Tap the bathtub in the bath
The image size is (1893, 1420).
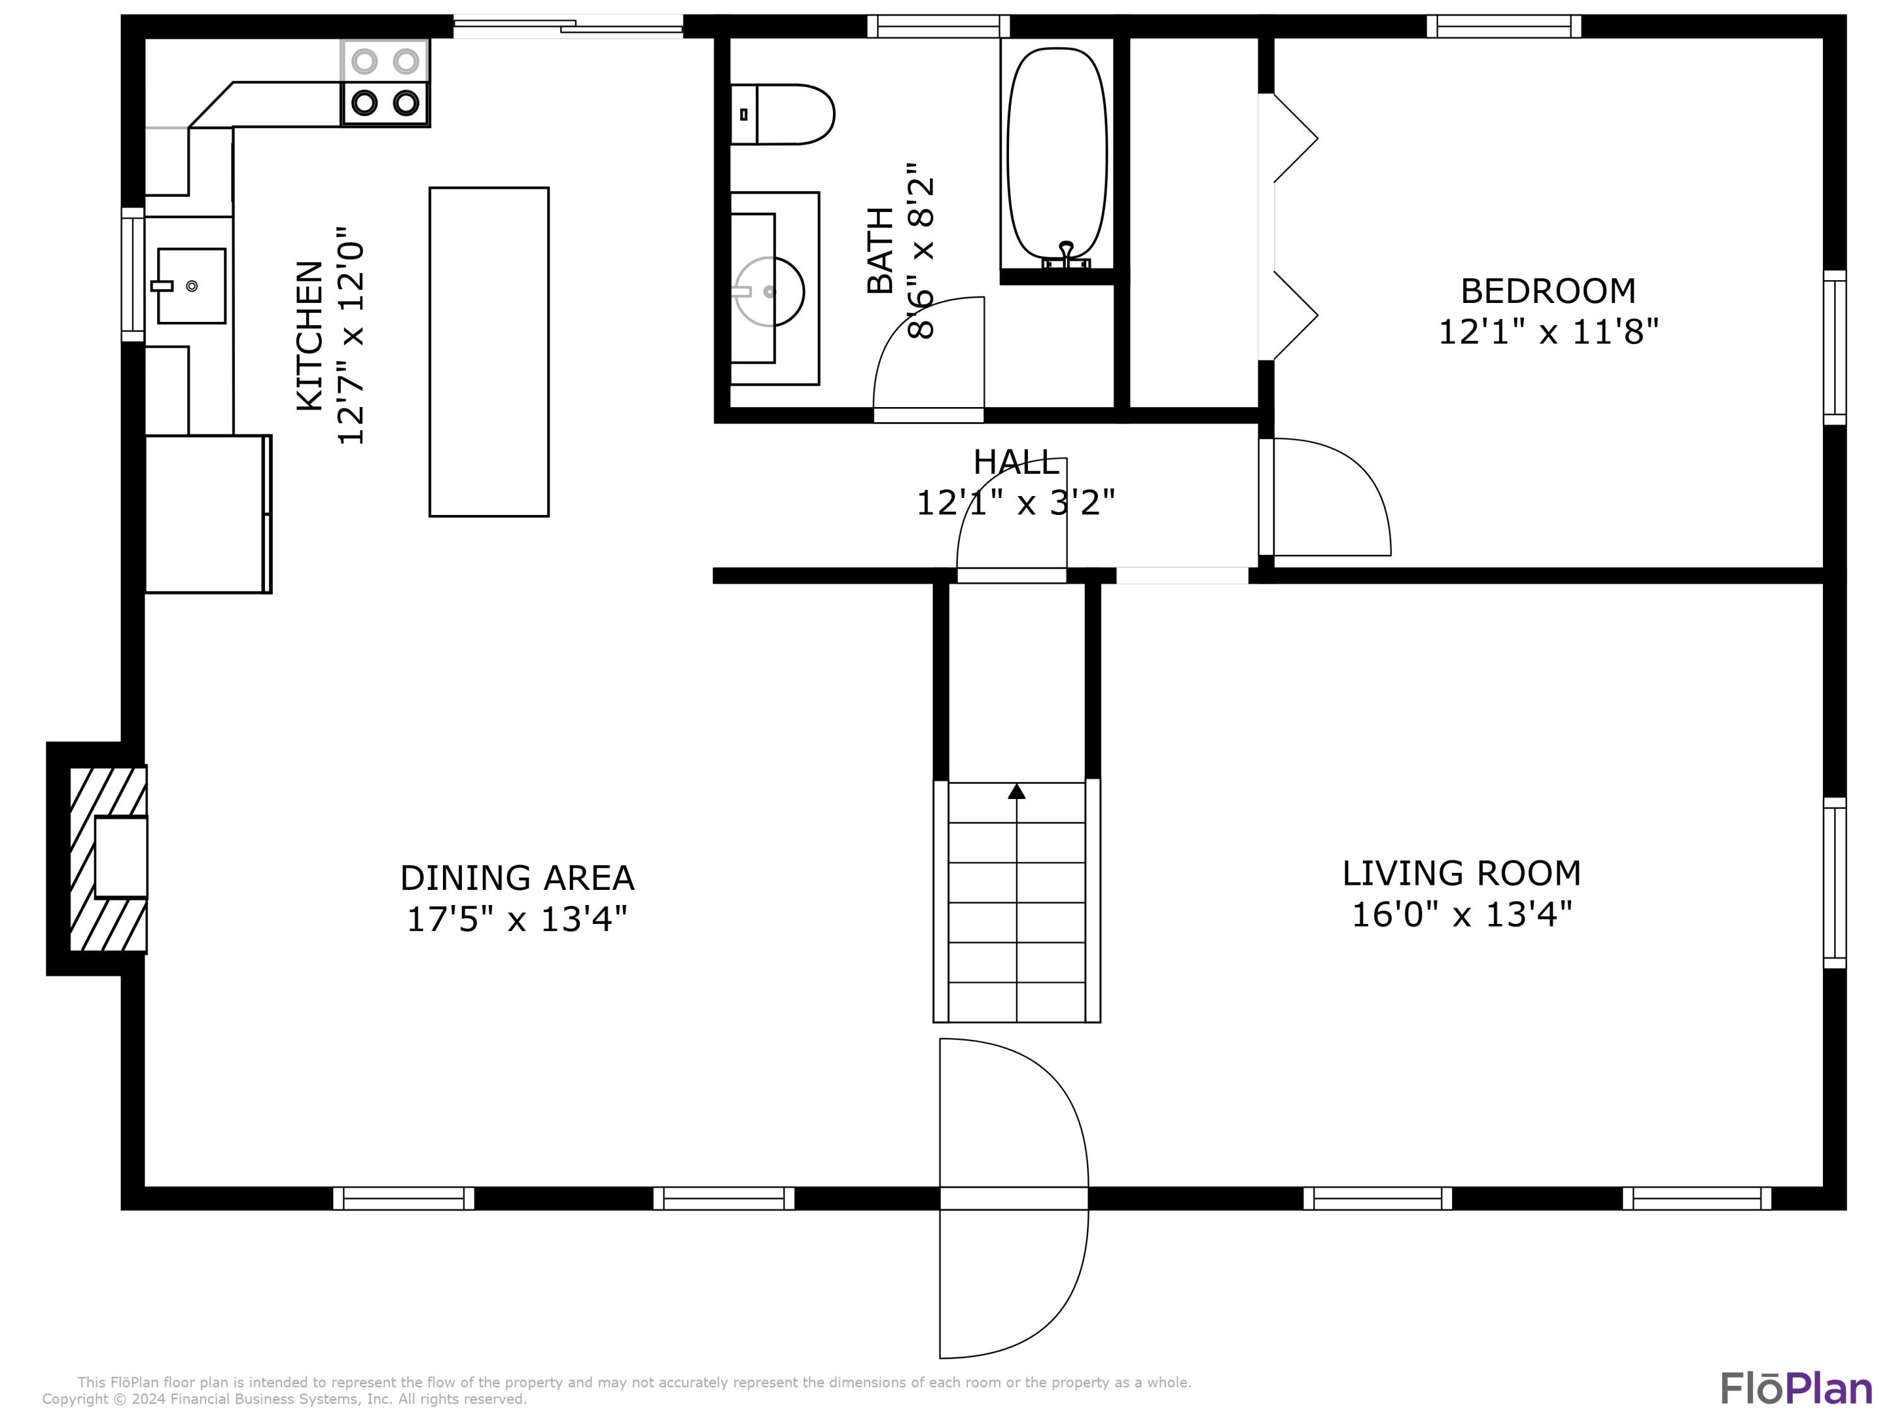click(1057, 156)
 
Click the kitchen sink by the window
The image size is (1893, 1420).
click(191, 286)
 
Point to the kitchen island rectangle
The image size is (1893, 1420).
click(488, 352)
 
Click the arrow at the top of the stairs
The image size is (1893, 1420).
click(1017, 792)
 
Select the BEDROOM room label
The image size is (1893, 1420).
click(1547, 291)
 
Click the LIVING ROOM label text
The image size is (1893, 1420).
click(1461, 873)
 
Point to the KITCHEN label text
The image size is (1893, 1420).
click(309, 336)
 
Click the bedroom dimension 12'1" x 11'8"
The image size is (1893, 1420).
click(1548, 331)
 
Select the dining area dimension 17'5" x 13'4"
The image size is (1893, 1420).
click(517, 920)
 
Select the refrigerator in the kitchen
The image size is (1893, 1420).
click(208, 514)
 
